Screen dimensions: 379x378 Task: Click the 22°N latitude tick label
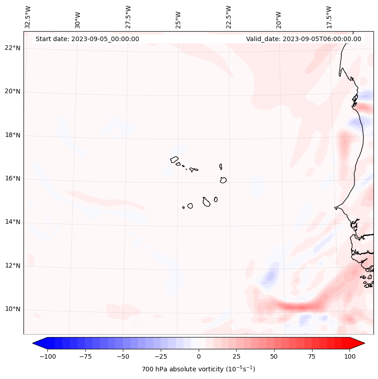pos(12,48)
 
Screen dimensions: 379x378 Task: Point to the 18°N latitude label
pos(12,136)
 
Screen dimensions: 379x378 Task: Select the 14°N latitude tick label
pos(12,222)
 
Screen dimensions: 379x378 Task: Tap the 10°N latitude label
pos(12,309)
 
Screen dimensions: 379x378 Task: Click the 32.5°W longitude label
pos(28,17)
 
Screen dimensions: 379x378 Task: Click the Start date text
pos(87,39)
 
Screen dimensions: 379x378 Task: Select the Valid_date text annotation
pos(303,39)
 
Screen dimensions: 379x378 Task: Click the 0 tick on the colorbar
pos(199,356)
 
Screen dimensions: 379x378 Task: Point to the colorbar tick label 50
pos(274,356)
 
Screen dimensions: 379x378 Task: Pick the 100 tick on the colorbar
pos(349,356)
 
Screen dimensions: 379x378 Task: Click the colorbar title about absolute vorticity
pos(199,369)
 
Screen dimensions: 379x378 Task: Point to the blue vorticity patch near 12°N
pos(271,275)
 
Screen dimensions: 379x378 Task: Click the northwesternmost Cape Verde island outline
pos(174,159)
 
